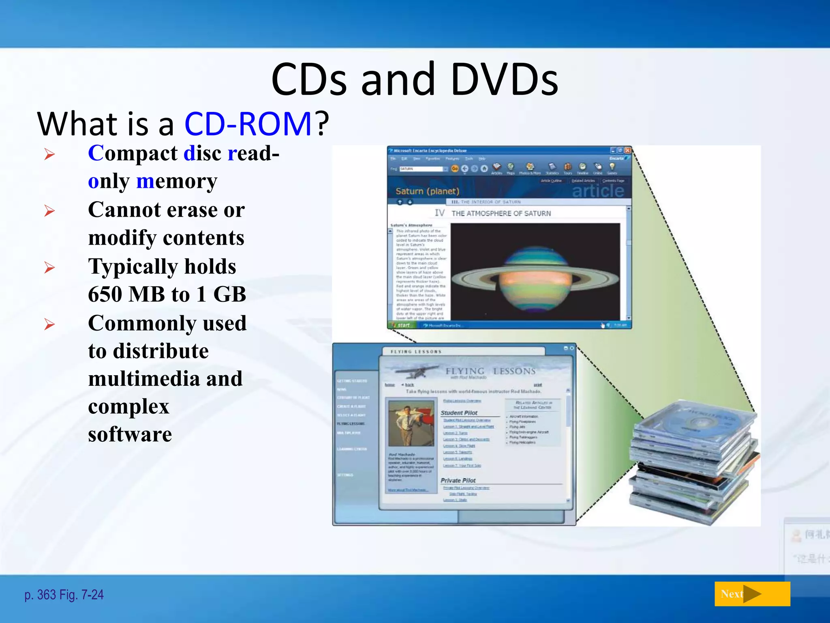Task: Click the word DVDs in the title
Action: pyautogui.click(x=504, y=79)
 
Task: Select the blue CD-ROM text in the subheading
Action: pyautogui.click(x=248, y=124)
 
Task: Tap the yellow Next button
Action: pyautogui.click(x=752, y=594)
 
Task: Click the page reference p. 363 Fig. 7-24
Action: pyautogui.click(x=64, y=595)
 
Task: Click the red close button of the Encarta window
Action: pyautogui.click(x=627, y=150)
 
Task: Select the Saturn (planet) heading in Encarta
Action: pyautogui.click(x=427, y=191)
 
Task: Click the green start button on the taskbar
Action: pyautogui.click(x=401, y=325)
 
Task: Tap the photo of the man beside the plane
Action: pyautogui.click(x=411, y=423)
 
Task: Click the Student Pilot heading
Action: pyautogui.click(x=459, y=412)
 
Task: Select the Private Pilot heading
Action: pyautogui.click(x=458, y=480)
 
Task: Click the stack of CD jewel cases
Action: pyautogui.click(x=693, y=462)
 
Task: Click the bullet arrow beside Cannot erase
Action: pyautogui.click(x=49, y=211)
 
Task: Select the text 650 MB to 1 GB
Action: pyautogui.click(x=167, y=294)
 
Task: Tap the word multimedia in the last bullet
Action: pyautogui.click(x=143, y=378)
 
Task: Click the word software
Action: pyautogui.click(x=130, y=434)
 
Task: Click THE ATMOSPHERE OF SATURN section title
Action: pyautogui.click(x=501, y=213)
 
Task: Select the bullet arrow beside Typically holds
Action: pyautogui.click(x=49, y=267)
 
